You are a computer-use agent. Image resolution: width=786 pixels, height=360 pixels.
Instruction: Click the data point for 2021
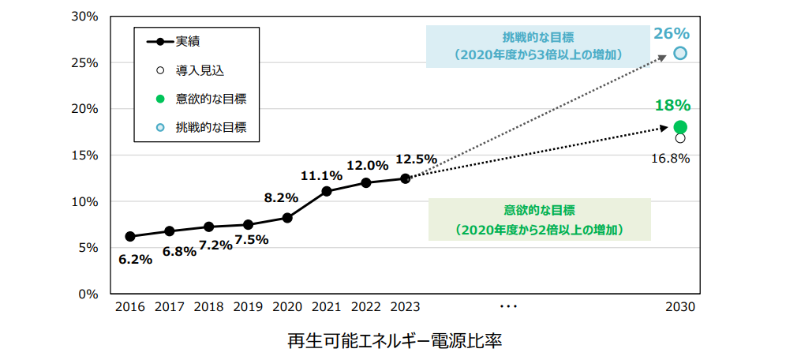pos(327,191)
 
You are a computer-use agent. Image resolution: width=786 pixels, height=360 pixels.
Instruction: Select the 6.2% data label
pos(135,259)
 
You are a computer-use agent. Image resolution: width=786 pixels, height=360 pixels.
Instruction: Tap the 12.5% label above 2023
pos(416,159)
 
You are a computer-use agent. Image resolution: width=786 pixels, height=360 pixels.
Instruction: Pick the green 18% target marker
pos(680,127)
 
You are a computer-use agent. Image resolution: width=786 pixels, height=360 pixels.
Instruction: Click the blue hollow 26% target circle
pos(680,54)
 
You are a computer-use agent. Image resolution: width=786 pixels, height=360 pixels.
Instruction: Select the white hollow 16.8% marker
pos(680,138)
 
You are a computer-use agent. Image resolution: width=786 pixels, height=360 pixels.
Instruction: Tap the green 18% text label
pos(672,106)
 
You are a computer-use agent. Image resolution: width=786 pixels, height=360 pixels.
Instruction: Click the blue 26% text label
pos(672,33)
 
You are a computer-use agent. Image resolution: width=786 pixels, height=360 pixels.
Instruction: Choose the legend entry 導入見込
pos(200,70)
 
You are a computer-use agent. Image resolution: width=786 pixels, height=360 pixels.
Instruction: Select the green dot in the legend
pos(160,99)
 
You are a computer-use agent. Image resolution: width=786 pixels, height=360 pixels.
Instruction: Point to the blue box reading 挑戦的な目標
pos(539,46)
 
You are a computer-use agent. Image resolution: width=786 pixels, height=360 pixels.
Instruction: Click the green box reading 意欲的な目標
pos(539,219)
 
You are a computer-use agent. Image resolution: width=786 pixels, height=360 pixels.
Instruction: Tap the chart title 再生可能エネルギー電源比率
pos(395,341)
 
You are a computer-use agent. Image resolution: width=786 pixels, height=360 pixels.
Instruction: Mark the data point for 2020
pos(287,218)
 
